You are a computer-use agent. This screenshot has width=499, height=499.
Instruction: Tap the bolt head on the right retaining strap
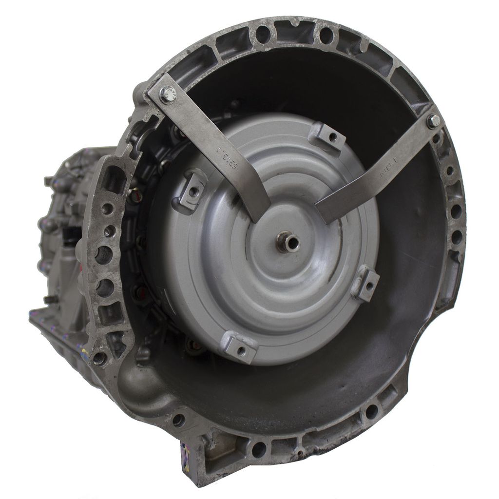click(433, 121)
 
